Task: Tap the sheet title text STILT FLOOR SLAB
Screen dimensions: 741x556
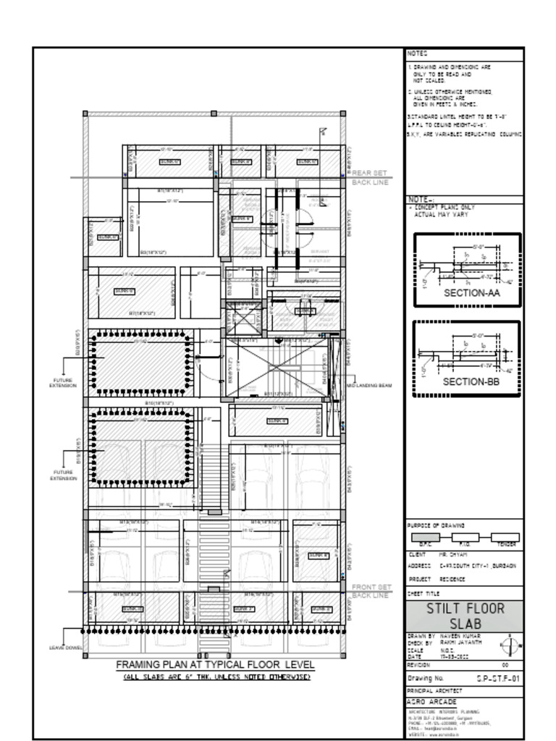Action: [464, 616]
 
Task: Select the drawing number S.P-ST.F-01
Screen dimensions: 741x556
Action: [498, 679]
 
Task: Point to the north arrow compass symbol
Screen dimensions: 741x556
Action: [510, 644]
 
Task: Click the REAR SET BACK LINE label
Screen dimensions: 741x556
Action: [371, 178]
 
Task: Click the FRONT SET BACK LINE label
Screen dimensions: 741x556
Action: [371, 591]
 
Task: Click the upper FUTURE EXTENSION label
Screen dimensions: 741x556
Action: [62, 383]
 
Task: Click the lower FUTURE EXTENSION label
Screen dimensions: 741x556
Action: [62, 475]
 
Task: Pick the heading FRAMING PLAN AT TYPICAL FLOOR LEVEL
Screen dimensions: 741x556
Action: [215, 664]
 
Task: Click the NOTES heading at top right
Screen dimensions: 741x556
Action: [418, 54]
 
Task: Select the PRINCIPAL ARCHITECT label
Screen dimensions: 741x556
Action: [434, 691]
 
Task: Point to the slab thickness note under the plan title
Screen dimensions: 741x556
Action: [215, 677]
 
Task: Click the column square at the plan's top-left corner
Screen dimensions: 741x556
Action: [85, 114]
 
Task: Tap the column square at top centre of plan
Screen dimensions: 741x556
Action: [214, 114]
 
